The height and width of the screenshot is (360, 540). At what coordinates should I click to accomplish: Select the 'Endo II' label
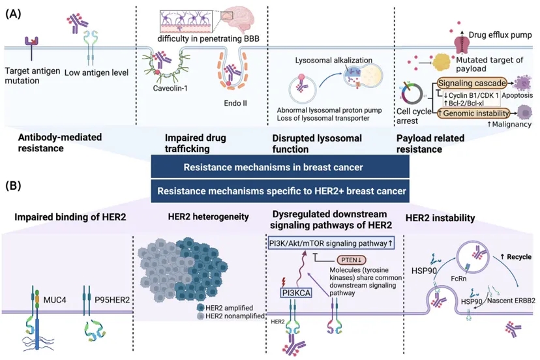232,103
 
